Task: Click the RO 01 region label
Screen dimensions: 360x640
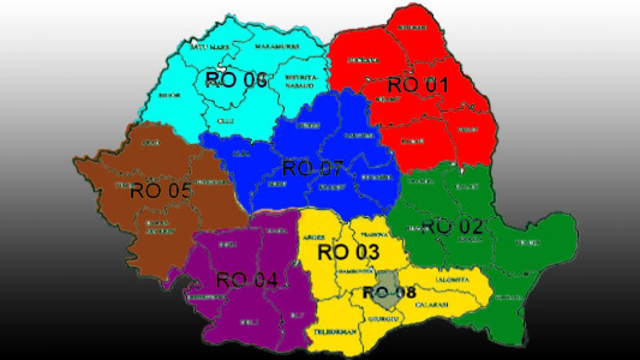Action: [418, 85]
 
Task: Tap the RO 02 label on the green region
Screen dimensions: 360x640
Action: [452, 227]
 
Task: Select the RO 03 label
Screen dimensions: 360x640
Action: [348, 252]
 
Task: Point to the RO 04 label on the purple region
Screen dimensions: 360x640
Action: [247, 280]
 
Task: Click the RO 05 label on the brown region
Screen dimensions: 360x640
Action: [161, 190]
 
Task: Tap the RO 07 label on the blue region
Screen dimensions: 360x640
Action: [313, 168]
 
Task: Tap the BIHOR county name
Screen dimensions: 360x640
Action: [171, 95]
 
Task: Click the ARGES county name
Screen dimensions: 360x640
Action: [314, 238]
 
